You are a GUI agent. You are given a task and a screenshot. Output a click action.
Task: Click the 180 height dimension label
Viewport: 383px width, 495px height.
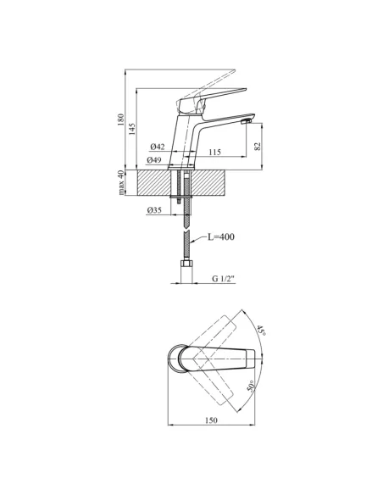[120, 120]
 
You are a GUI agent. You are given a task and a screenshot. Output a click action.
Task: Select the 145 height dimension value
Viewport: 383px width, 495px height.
[131, 129]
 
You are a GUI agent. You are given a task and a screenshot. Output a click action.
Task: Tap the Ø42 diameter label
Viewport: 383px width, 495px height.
[158, 147]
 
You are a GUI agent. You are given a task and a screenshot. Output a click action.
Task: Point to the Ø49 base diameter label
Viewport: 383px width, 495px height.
[154, 160]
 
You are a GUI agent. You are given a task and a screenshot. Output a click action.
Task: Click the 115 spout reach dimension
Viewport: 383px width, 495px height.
[214, 153]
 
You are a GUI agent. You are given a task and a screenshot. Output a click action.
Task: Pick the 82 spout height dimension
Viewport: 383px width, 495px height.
[258, 146]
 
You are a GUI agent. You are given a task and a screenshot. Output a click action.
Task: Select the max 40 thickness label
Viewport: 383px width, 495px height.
[120, 182]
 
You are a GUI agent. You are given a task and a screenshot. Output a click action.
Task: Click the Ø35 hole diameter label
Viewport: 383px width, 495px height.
[154, 210]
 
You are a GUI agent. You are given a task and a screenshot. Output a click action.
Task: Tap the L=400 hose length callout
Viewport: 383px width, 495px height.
[221, 236]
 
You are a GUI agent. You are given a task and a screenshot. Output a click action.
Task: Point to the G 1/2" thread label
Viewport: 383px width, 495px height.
[224, 278]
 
